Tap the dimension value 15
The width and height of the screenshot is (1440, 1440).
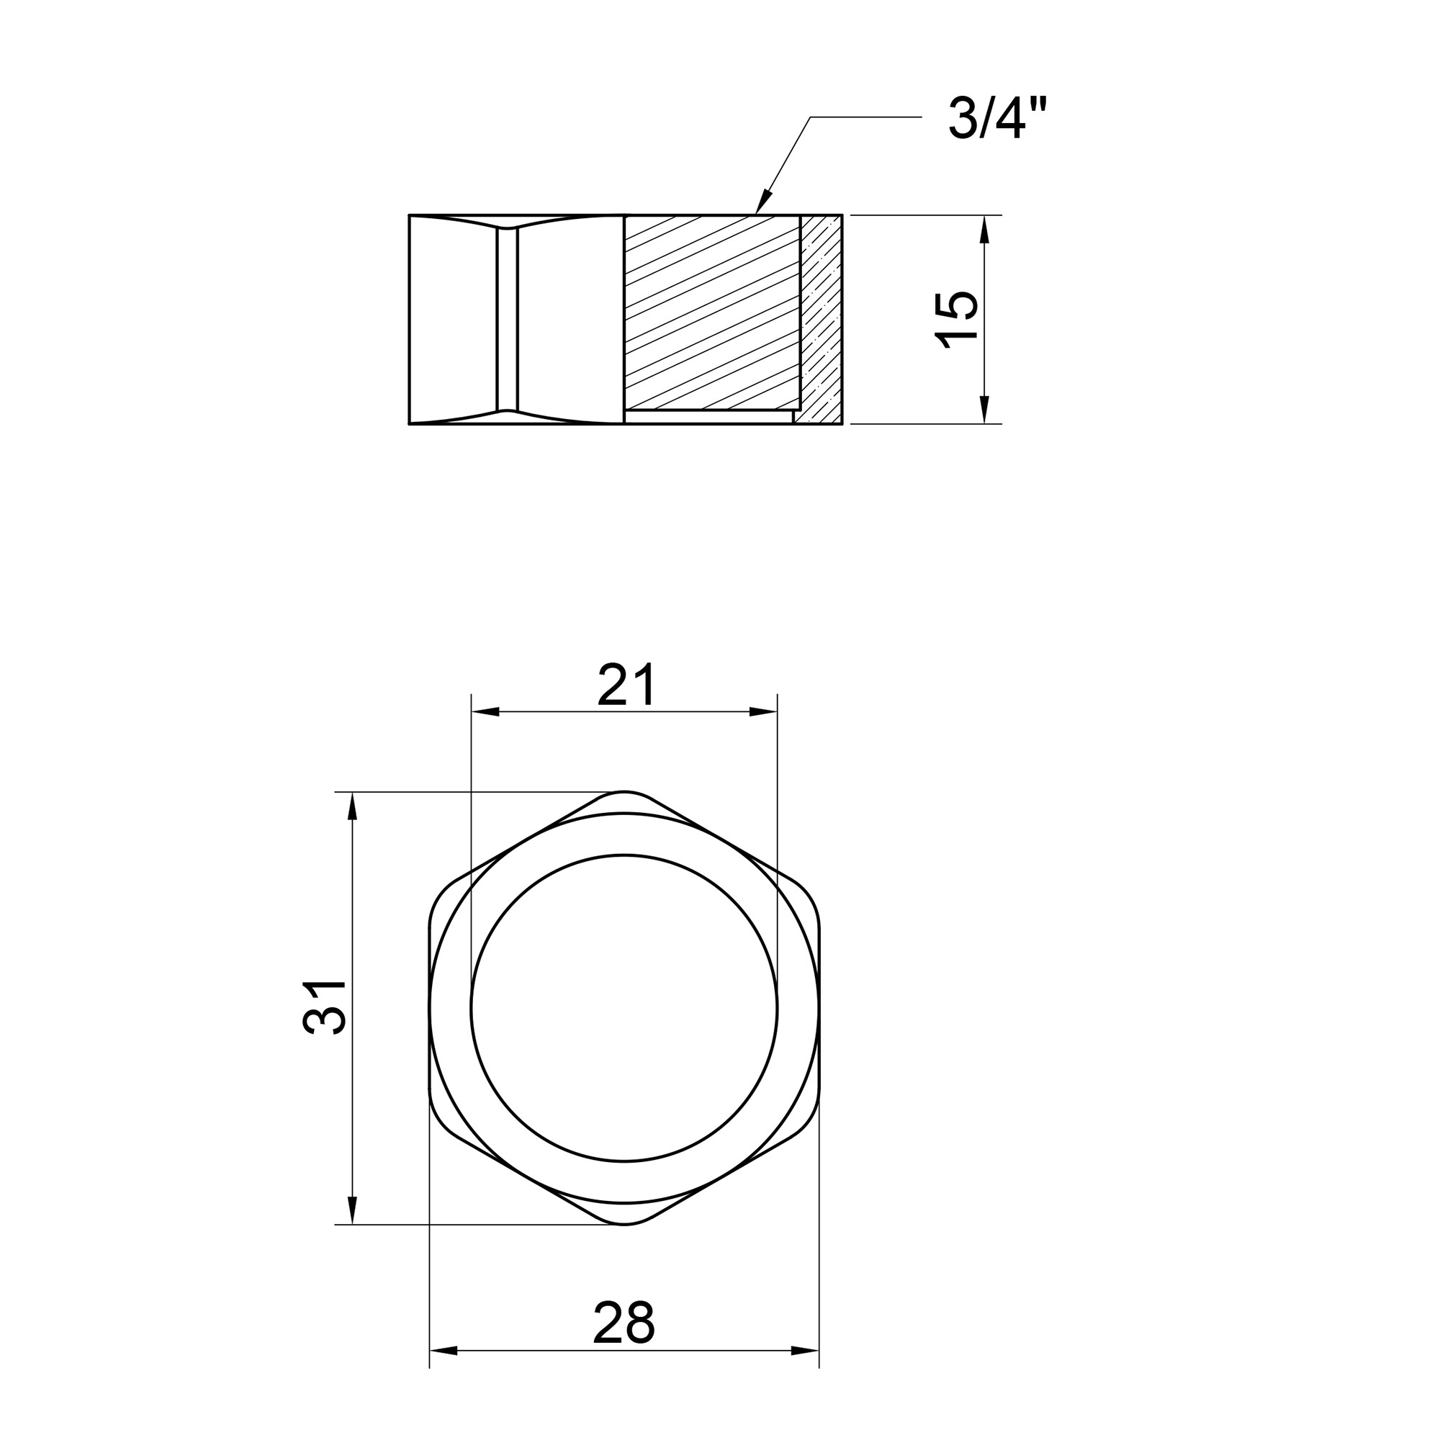point(956,320)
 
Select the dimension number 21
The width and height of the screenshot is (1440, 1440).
point(626,685)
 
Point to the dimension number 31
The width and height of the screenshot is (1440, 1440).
point(325,1007)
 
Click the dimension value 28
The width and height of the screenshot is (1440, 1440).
point(624,1322)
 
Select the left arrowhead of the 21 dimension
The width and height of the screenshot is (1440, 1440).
point(486,712)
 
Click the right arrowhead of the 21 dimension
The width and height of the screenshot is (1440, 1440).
point(763,712)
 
